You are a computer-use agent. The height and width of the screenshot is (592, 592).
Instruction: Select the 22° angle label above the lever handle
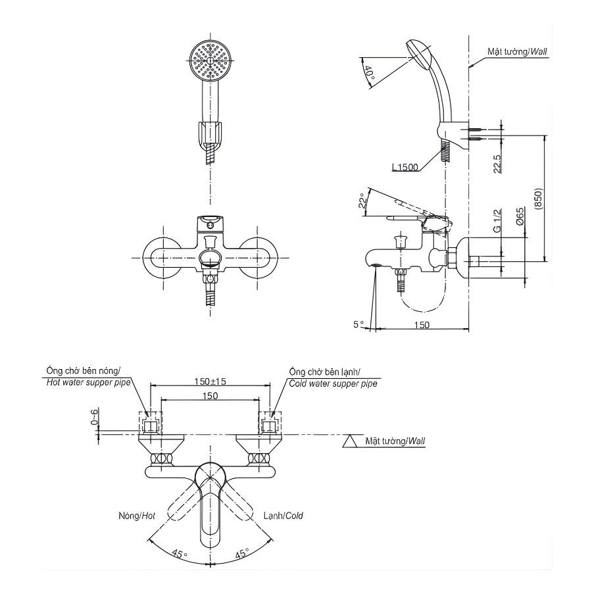tap(362, 201)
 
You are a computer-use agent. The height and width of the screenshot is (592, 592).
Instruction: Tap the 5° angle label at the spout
tap(358, 324)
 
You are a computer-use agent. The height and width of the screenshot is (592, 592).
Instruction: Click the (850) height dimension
tap(537, 199)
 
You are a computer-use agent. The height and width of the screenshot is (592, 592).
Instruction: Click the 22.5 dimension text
tap(497, 163)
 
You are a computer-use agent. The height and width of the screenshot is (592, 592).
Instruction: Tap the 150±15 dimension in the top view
tap(210, 382)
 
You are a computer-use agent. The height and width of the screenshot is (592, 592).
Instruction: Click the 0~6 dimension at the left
tap(95, 417)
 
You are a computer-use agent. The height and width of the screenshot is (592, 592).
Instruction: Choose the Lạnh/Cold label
tap(284, 516)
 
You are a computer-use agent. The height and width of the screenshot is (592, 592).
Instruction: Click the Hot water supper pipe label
tap(89, 382)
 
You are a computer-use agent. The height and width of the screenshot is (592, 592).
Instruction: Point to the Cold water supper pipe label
tap(333, 383)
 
